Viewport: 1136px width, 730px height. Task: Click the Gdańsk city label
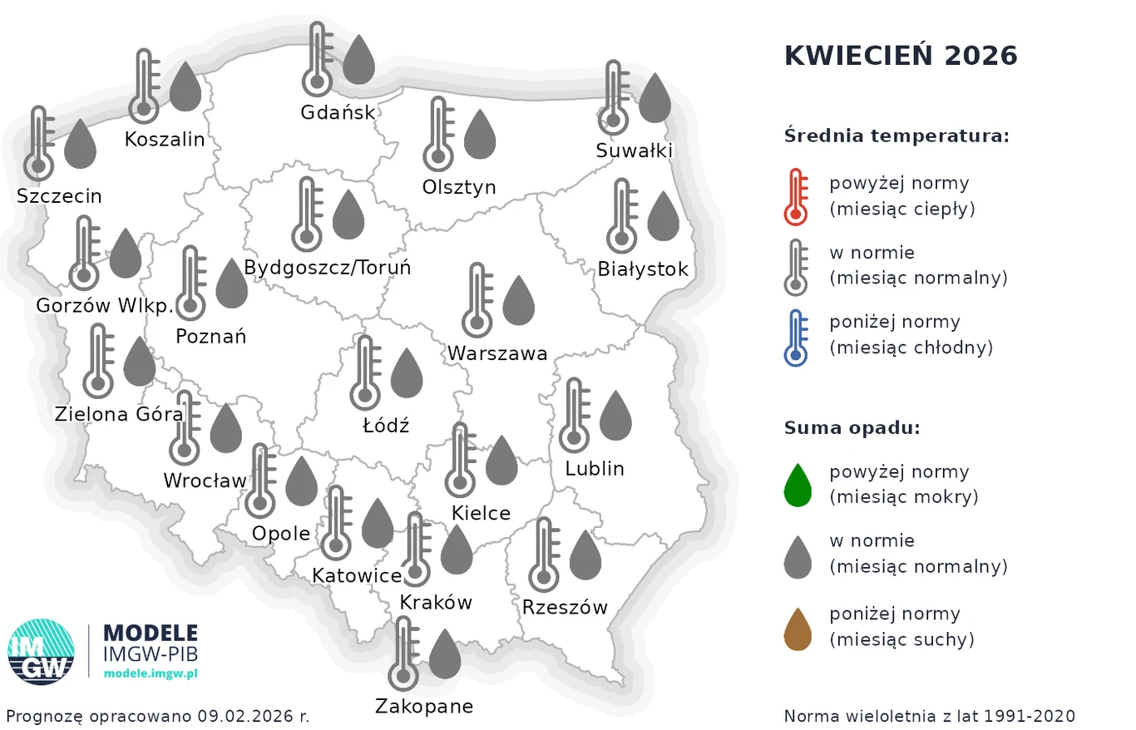point(338,111)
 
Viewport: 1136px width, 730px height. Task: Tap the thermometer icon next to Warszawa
point(477,299)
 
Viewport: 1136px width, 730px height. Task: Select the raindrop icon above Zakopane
point(444,654)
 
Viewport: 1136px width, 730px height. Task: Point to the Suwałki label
point(634,150)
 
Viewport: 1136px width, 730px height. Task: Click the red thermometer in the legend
point(796,196)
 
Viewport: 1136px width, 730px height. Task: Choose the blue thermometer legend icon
point(796,337)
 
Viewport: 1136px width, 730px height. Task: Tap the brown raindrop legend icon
point(798,629)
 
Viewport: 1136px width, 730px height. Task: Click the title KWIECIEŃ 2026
point(901,56)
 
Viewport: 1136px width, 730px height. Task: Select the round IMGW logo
point(41,651)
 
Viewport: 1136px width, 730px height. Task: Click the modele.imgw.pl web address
point(151,673)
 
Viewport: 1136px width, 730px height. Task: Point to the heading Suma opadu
point(852,428)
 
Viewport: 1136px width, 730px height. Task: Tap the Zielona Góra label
point(118,413)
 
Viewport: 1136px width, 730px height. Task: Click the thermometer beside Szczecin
point(38,143)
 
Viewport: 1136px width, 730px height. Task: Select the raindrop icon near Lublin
point(615,415)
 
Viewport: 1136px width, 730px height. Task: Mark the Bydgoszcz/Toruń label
point(327,268)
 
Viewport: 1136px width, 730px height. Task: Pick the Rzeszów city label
point(565,607)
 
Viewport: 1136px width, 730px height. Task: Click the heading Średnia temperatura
point(896,136)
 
